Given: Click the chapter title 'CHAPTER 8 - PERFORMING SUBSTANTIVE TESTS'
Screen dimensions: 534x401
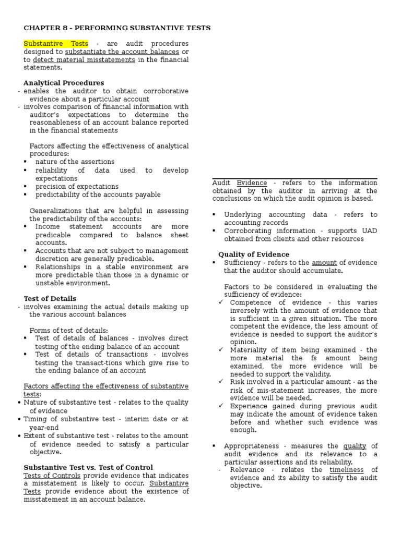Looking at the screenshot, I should (117, 28).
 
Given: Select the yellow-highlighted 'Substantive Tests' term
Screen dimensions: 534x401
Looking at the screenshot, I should (56, 44).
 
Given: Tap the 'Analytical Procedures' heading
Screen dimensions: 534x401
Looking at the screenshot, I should (64, 83).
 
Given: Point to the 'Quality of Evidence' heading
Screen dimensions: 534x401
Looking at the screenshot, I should (253, 254).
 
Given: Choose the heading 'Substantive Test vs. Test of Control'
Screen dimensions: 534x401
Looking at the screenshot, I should (88, 467).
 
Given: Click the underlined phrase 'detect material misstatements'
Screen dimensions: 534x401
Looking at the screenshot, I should (84, 59).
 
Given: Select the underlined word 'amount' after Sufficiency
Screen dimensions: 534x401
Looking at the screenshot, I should (323, 263).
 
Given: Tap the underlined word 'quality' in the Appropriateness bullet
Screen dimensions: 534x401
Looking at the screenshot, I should (354, 446).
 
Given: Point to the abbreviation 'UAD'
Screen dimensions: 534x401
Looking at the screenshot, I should (369, 230).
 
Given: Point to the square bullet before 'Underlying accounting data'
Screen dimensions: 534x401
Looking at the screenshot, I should (215, 215).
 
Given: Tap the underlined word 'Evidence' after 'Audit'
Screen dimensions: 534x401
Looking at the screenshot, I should (252, 183).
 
